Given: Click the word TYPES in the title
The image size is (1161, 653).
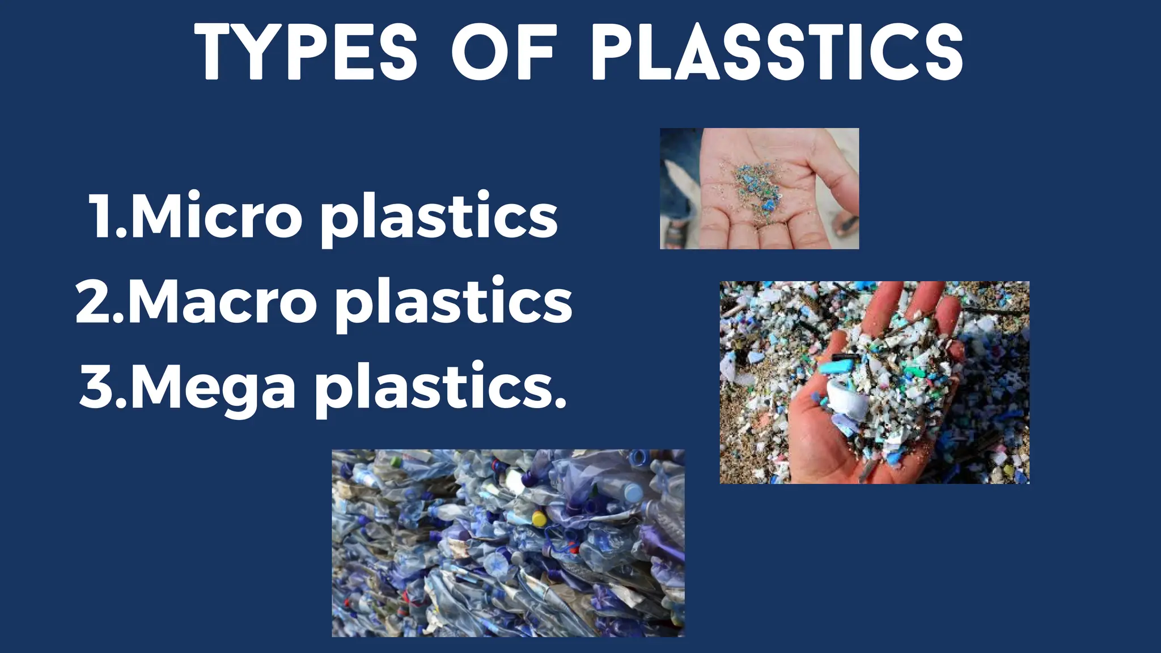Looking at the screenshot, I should [x=306, y=52].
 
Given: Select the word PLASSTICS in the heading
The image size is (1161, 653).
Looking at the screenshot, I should [x=777, y=52].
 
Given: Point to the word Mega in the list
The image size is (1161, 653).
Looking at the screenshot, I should [x=213, y=387].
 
